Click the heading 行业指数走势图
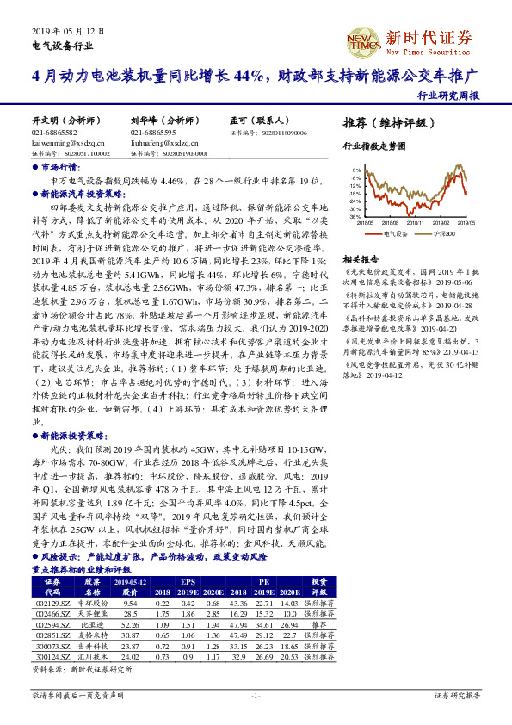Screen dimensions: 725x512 tap(373, 147)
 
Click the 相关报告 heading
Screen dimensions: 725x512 tap(361, 259)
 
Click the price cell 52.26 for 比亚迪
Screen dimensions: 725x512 tap(131, 624)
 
